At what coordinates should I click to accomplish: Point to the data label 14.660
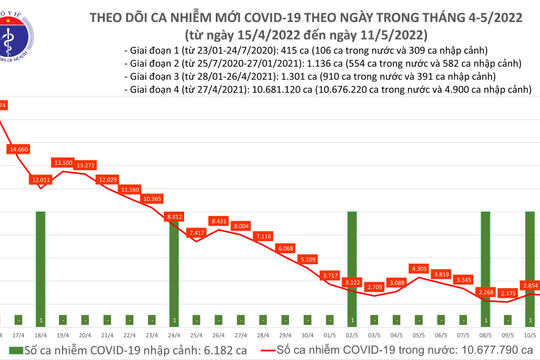point(18,148)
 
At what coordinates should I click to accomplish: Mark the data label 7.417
point(196,232)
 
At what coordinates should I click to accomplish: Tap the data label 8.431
point(218,220)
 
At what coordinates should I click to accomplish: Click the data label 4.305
point(418,268)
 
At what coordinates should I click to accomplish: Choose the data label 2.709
point(374,287)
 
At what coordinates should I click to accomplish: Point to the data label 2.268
point(485,292)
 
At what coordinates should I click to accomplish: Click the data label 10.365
point(152,199)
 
